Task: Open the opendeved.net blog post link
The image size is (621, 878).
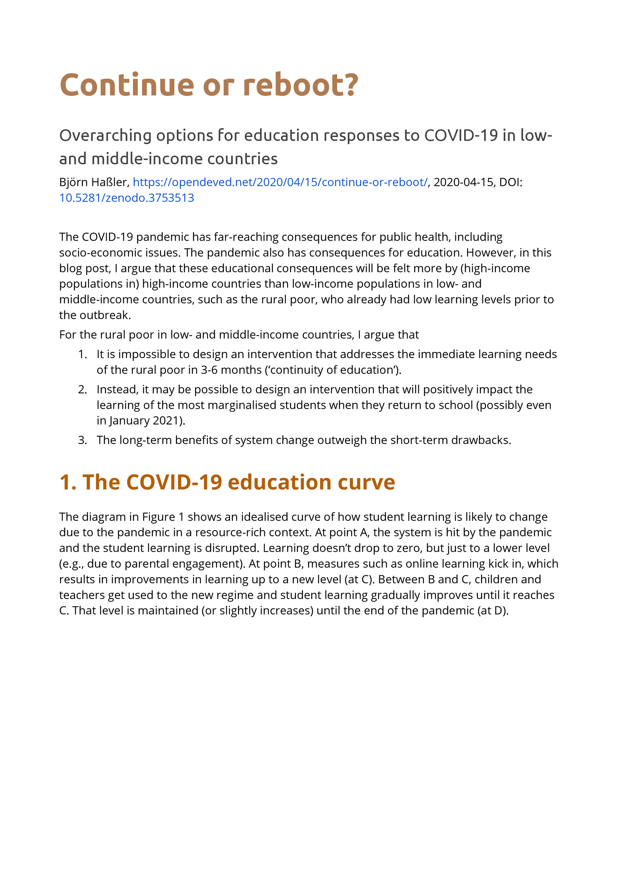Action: (280, 182)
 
